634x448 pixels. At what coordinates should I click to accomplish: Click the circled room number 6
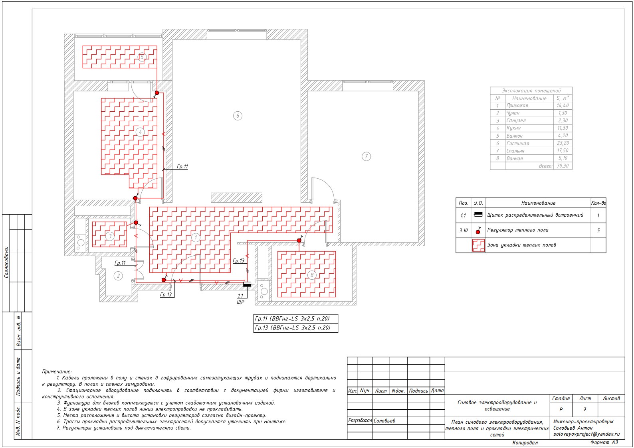pos(238,116)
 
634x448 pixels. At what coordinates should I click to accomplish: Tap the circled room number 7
pos(366,156)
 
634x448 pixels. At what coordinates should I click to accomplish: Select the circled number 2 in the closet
pos(118,276)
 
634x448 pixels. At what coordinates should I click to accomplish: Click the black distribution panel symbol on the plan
pos(247,284)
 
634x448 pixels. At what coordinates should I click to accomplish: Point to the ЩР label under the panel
pos(240,302)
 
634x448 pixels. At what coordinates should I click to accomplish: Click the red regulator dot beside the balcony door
pos(157,93)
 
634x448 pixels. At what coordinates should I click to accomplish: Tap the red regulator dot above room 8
pos(299,241)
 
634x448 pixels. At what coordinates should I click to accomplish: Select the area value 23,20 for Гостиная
pos(563,143)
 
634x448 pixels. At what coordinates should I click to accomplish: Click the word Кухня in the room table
pos(514,128)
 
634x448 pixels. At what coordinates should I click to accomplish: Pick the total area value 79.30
pos(563,166)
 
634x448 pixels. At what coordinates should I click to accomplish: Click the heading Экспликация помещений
pos(531,91)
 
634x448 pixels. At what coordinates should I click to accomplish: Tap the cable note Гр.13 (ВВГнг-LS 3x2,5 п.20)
pos(293,328)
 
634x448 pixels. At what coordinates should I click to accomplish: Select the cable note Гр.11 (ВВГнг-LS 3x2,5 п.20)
pos(292,319)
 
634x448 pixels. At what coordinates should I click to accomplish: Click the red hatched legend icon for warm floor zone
pos(478,245)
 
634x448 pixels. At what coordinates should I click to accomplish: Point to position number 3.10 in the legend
pos(464,231)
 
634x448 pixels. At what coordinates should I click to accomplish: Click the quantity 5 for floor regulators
pos(598,231)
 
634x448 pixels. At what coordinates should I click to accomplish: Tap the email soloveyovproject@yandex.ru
pos(586,434)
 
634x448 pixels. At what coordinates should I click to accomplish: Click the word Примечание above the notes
pos(57,372)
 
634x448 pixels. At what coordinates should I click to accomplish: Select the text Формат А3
pos(604,442)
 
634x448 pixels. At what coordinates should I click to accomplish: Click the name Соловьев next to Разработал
pos(384,421)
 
